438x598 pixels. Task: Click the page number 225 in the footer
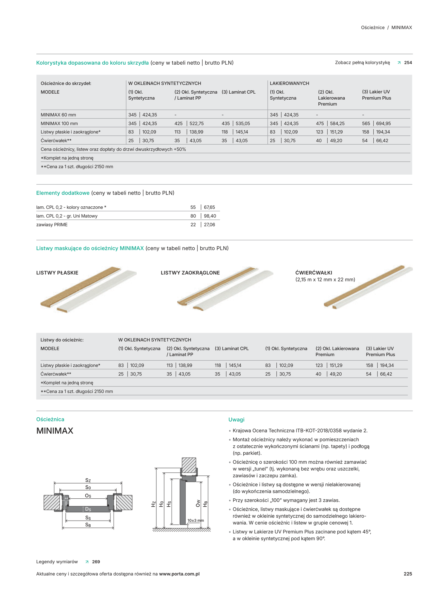(x=408, y=574)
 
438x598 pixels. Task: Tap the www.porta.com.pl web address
(x=179, y=574)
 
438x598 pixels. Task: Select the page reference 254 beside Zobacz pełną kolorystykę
(x=408, y=63)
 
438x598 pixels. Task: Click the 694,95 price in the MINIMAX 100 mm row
(x=383, y=123)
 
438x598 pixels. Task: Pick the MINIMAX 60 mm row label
(x=58, y=115)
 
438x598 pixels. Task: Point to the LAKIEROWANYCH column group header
(x=289, y=83)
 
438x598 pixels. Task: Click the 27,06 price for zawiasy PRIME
(x=209, y=225)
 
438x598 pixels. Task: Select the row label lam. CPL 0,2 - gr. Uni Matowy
(x=67, y=216)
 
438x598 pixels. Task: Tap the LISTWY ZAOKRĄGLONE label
(x=190, y=273)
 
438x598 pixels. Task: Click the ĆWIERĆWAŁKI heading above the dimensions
(x=314, y=273)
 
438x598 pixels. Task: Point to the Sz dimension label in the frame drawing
(x=88, y=480)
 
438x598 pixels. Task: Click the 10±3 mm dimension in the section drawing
(x=195, y=520)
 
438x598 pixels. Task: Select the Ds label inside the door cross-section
(x=88, y=509)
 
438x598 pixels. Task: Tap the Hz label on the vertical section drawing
(x=153, y=504)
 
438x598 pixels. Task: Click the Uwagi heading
(x=236, y=420)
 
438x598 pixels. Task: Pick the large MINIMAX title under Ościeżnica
(x=55, y=431)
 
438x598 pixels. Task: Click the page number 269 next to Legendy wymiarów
(x=96, y=562)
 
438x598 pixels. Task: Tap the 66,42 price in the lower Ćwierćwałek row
(x=386, y=374)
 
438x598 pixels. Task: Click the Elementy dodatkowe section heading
(x=63, y=193)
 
